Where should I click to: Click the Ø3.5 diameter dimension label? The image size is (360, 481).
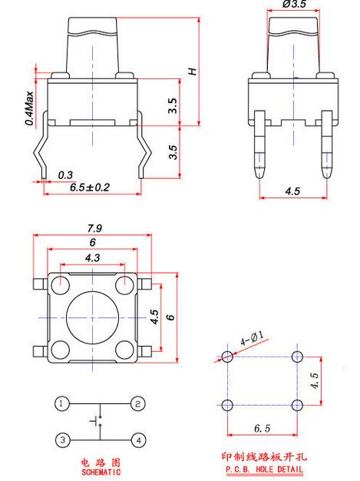[x=294, y=4]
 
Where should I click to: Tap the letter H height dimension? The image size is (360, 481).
[x=193, y=71]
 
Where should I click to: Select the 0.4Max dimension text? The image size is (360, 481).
[x=29, y=108]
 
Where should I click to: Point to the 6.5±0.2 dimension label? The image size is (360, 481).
[x=90, y=187]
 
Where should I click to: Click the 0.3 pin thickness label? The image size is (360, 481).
[x=65, y=175]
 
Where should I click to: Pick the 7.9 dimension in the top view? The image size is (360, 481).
[x=94, y=228]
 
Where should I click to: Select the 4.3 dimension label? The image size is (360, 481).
[x=93, y=257]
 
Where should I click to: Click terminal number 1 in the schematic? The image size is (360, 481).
[x=62, y=403]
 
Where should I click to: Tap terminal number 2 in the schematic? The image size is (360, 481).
[x=138, y=403]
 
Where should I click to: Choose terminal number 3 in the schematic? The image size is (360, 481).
[x=62, y=440]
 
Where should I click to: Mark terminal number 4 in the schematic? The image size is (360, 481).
[x=138, y=440]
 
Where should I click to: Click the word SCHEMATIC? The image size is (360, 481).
[x=101, y=472]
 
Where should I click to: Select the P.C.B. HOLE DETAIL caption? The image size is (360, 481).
[x=264, y=469]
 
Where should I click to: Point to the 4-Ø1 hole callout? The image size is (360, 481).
[x=252, y=338]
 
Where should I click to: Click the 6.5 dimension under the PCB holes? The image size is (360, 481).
[x=263, y=428]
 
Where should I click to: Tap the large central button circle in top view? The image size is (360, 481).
[x=93, y=318]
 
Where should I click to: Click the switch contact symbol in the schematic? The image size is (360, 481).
[x=97, y=421]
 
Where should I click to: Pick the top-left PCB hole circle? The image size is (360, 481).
[x=227, y=357]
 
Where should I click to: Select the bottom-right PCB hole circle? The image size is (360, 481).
[x=298, y=405]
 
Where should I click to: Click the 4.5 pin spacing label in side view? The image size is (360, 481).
[x=292, y=191]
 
